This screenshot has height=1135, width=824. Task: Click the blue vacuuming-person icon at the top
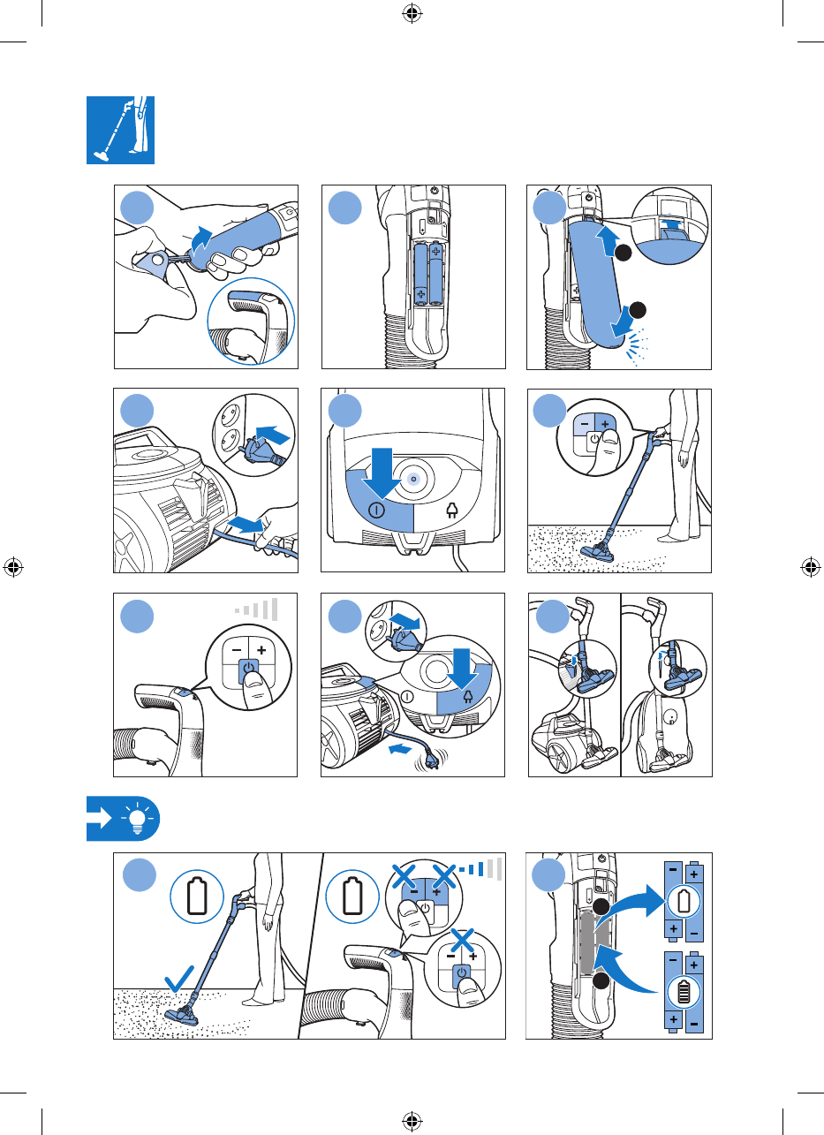[x=120, y=130]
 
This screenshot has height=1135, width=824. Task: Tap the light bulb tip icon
[x=136, y=817]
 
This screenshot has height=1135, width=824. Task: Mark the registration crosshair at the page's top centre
[x=411, y=13]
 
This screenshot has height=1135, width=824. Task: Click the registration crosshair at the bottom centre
[x=411, y=1120]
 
